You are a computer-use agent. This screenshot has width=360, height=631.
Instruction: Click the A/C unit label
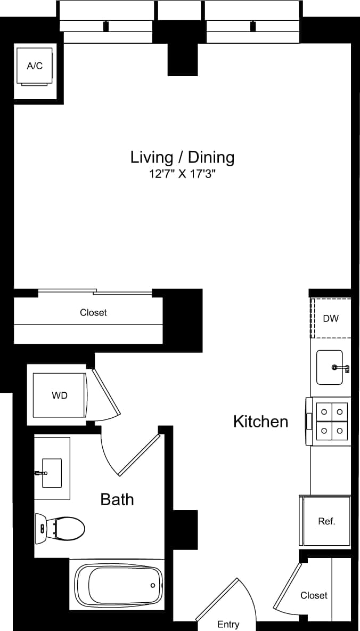[x=35, y=66]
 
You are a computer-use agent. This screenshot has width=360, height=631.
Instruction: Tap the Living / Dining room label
[x=182, y=157]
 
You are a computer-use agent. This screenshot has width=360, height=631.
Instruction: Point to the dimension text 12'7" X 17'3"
[x=182, y=174]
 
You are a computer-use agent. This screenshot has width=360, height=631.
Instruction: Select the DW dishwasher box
[x=331, y=318]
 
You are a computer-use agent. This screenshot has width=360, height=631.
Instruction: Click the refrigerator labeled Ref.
[x=326, y=521]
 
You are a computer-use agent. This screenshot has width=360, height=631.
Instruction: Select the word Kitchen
[x=260, y=422]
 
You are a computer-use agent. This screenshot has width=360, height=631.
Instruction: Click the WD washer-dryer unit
[x=59, y=395]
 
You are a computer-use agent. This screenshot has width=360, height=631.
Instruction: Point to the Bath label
[x=117, y=499]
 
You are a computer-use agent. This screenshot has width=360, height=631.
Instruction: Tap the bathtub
[x=118, y=585]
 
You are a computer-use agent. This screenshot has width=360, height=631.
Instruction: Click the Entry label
[x=228, y=624]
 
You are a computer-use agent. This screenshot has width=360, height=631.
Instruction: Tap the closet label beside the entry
[x=314, y=595]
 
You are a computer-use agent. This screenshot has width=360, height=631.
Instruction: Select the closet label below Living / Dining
[x=93, y=313]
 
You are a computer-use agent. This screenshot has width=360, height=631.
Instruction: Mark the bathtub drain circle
[x=153, y=585]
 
